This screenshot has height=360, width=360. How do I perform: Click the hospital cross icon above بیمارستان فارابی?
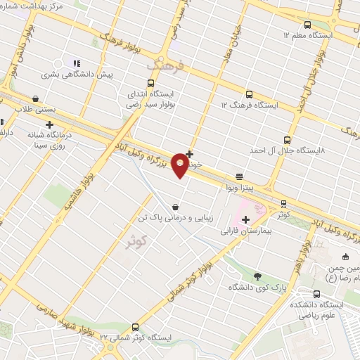(x=245, y=220)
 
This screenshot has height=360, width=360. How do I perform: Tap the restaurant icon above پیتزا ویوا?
(x=240, y=177)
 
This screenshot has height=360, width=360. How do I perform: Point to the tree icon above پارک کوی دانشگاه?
(x=257, y=276)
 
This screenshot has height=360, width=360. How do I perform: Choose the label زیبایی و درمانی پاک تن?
(x=174, y=219)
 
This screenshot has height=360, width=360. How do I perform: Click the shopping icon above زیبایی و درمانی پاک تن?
(x=174, y=207)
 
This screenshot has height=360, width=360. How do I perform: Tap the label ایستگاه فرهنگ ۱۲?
(x=249, y=105)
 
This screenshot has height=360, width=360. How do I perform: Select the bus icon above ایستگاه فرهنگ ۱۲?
(x=249, y=94)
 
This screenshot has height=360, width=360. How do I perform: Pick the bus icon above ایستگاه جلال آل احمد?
(x=286, y=141)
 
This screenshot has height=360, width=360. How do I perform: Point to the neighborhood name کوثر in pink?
(x=138, y=243)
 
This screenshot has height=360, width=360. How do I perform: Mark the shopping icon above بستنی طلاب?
(x=36, y=99)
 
